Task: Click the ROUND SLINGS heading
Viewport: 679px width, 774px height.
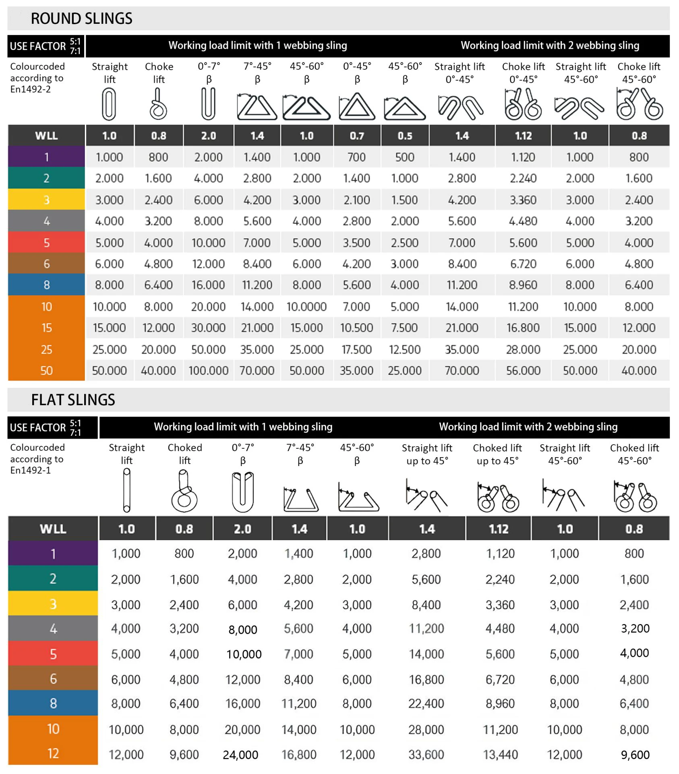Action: click(x=81, y=19)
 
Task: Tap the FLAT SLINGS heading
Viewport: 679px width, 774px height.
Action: click(x=73, y=400)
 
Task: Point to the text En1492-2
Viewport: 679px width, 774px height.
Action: click(x=31, y=89)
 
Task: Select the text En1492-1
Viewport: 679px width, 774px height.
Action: click(x=31, y=470)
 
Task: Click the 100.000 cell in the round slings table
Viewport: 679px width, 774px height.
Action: click(x=208, y=370)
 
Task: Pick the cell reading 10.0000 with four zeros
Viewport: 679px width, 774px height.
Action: click(x=306, y=307)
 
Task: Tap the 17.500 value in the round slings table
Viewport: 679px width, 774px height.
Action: click(x=356, y=350)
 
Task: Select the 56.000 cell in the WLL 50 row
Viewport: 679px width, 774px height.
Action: click(x=523, y=370)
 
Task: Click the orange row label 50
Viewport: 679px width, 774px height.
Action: click(x=46, y=370)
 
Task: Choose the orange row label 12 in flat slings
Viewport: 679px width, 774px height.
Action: click(x=53, y=753)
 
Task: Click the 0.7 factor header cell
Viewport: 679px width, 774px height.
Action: click(x=356, y=136)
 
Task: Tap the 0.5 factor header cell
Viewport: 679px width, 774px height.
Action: click(x=405, y=136)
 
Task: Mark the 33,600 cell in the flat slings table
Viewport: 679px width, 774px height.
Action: click(x=426, y=755)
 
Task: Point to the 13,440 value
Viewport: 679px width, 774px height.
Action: click(x=500, y=755)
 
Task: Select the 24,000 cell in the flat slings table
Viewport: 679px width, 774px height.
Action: click(x=240, y=755)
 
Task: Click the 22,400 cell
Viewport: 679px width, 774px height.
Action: click(x=426, y=704)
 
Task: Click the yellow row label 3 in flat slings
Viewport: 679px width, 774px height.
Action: click(x=53, y=604)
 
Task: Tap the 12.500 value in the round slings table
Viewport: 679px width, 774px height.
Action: click(x=405, y=350)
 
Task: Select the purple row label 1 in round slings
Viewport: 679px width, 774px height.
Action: click(x=46, y=157)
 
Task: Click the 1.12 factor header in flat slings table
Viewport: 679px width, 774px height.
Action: click(x=499, y=529)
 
